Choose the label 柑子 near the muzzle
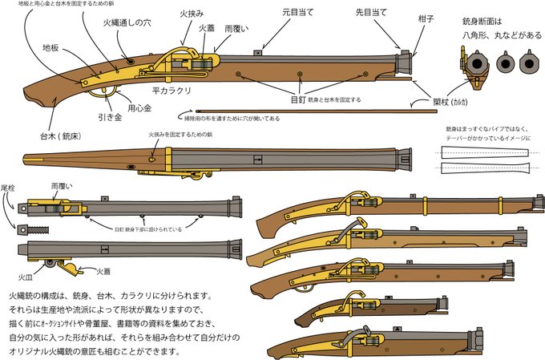(x=426, y=18)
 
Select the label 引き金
(x=110, y=115)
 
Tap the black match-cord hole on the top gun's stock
(x=129, y=59)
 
